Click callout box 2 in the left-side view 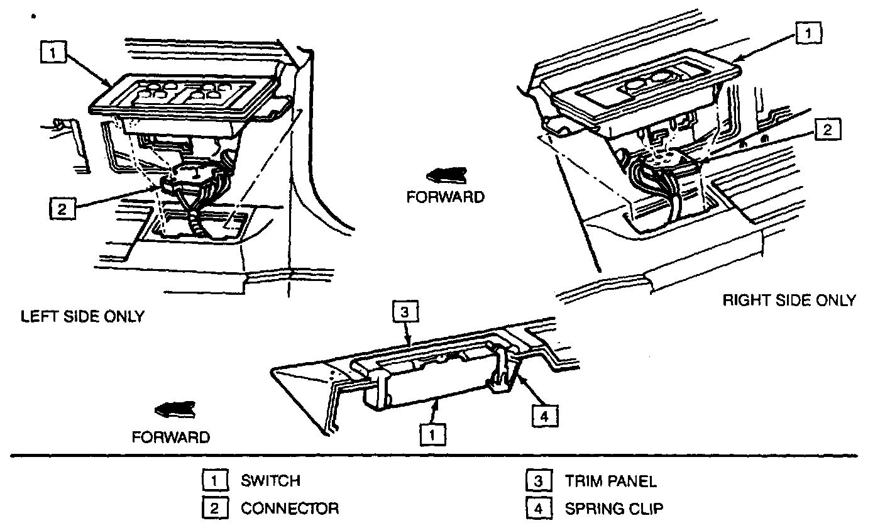point(62,209)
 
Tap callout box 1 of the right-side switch point(808,33)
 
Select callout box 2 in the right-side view point(827,130)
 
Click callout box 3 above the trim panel point(405,312)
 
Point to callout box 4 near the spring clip point(544,416)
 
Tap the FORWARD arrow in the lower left point(177,410)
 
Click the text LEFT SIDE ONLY point(82,316)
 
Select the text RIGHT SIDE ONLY point(789,300)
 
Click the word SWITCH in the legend point(270,482)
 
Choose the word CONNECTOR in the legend point(290,508)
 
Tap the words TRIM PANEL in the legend point(610,482)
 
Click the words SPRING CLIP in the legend point(613,508)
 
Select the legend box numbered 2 point(214,508)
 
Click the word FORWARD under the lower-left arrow point(170,436)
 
